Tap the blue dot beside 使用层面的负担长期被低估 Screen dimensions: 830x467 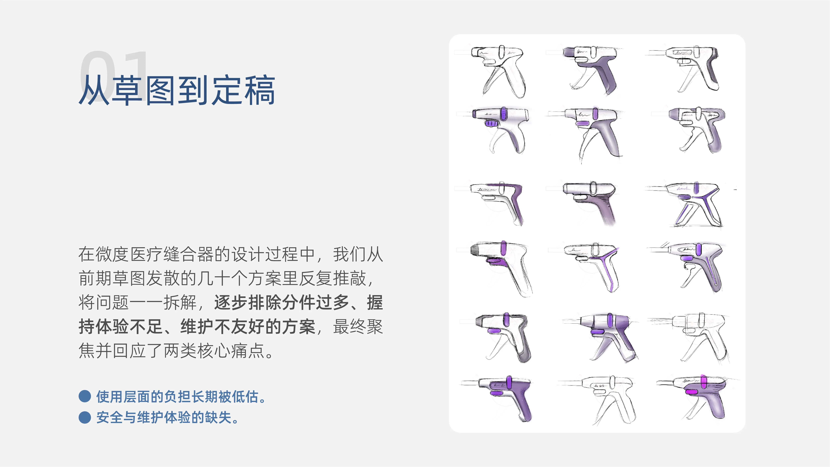click(x=85, y=396)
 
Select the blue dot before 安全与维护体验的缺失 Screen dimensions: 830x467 click(x=85, y=417)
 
